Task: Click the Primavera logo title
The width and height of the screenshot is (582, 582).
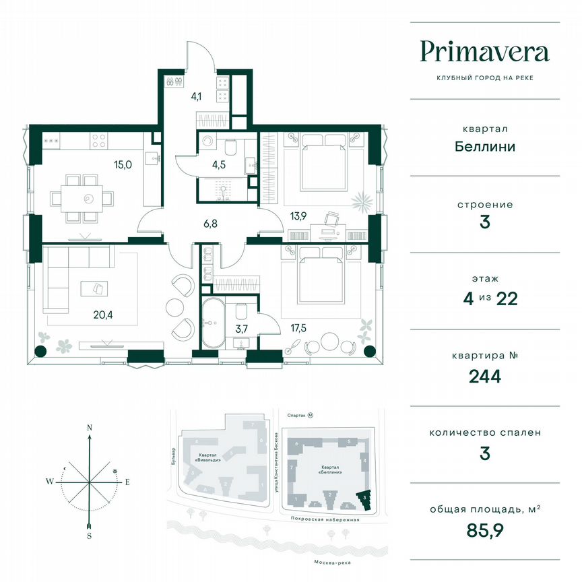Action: click(484, 52)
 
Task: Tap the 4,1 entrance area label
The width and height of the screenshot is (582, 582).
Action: click(197, 96)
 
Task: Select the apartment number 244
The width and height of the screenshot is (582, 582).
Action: click(484, 376)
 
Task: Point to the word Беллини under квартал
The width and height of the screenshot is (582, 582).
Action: click(484, 146)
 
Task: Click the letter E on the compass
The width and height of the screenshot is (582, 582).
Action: click(127, 482)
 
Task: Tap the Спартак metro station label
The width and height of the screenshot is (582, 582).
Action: click(293, 416)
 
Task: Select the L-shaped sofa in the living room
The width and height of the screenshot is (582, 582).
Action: click(67, 276)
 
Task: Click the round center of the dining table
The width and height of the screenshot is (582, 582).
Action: click(88, 199)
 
